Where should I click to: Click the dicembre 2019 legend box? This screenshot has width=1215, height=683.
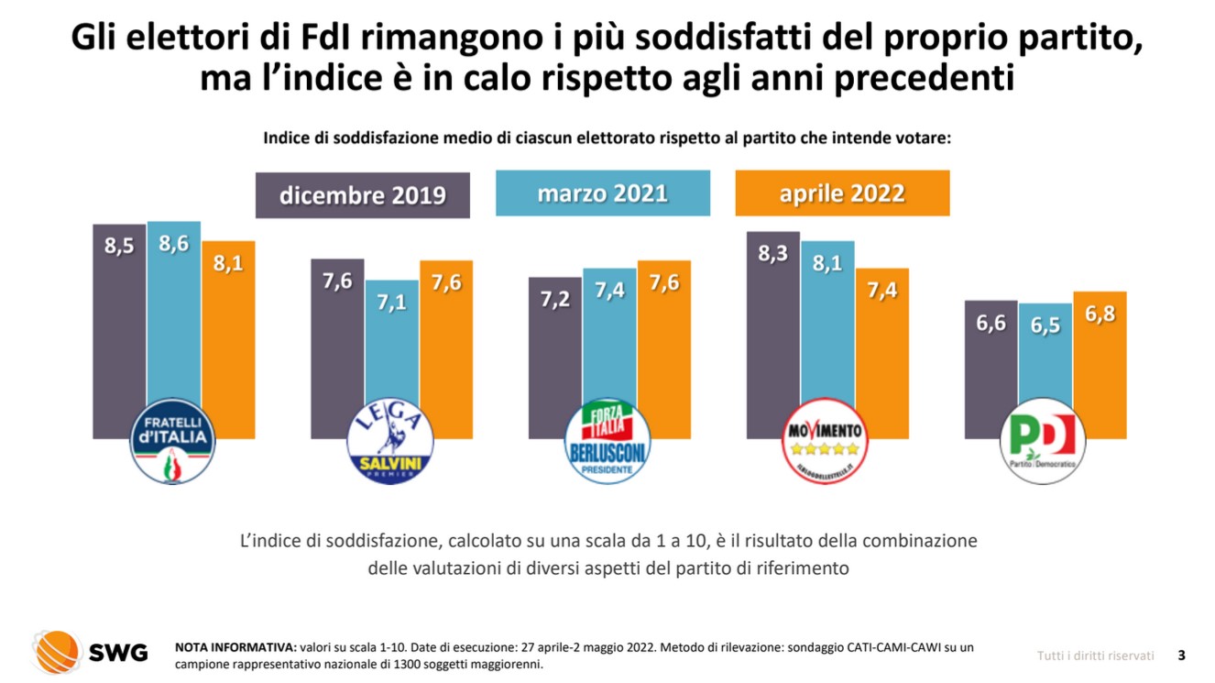coord(362,195)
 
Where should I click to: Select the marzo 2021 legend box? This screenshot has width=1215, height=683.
coord(602,193)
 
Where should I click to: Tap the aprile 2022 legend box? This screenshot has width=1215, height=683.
coord(841,193)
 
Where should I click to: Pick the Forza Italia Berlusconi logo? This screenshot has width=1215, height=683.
coord(607,442)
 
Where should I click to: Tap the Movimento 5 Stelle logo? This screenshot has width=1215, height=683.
coord(825,441)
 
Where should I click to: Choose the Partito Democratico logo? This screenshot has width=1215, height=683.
coord(1043,442)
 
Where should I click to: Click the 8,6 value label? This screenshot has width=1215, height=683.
coord(173,243)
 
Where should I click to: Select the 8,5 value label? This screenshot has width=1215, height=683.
coord(119,246)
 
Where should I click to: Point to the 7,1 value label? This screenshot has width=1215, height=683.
coord(391,302)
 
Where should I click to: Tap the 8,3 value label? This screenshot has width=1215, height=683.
coord(772,253)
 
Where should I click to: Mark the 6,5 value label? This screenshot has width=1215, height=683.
coord(1045,325)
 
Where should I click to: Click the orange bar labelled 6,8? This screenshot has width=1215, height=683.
coord(1100,367)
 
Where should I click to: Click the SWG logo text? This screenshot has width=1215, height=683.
coord(117,653)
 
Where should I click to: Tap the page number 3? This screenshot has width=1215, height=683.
coord(1181,655)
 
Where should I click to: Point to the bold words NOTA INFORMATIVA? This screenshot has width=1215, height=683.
coord(235,647)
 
